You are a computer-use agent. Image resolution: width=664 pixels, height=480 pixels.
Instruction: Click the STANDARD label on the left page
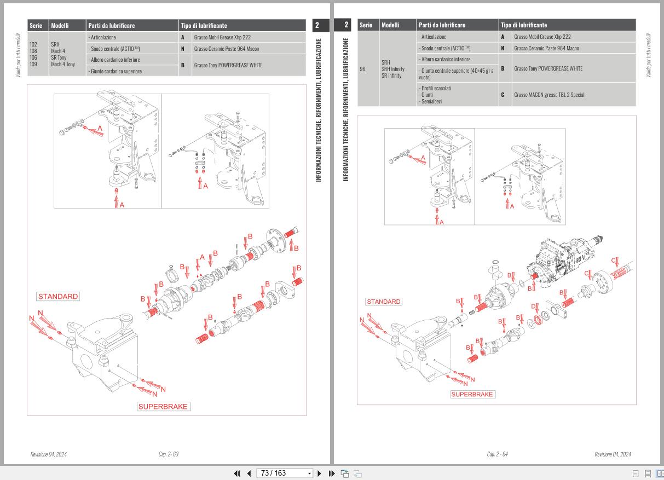(x=58, y=297)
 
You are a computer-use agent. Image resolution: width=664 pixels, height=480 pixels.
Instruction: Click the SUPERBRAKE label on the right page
(x=473, y=394)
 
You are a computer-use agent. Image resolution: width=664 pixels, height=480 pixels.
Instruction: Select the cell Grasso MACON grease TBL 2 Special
(x=549, y=95)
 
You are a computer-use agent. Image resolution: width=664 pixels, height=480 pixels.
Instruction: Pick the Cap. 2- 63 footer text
(x=168, y=454)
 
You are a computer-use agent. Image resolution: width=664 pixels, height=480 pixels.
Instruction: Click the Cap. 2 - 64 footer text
(x=497, y=454)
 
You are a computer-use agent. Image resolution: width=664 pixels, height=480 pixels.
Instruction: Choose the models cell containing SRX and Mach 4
(x=67, y=54)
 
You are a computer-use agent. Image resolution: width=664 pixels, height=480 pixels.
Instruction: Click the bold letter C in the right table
(x=503, y=95)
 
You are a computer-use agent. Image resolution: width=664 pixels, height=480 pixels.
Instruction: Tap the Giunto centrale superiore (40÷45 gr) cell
(x=457, y=73)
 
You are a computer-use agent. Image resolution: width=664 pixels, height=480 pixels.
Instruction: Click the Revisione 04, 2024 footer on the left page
(x=50, y=454)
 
